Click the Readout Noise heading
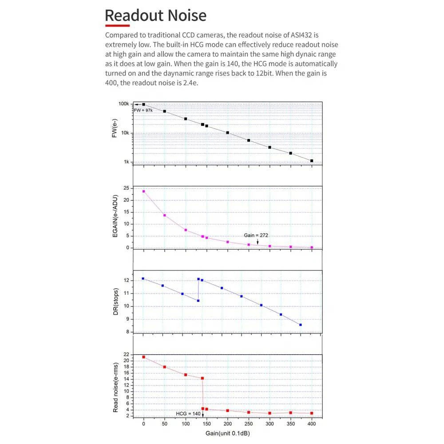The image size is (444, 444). click(x=155, y=16)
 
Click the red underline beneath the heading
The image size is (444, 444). click(x=117, y=25)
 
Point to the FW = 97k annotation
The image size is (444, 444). click(x=143, y=110)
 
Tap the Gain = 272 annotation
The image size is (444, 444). click(x=256, y=235)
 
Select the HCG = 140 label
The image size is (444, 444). click(x=188, y=414)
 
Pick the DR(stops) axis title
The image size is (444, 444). click(x=115, y=302)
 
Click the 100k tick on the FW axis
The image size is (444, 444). click(x=124, y=104)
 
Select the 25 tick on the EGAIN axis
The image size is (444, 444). click(x=126, y=188)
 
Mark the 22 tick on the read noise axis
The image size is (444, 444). click(x=126, y=354)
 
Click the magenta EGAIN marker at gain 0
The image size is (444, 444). click(x=143, y=191)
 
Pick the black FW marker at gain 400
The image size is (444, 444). click(x=312, y=161)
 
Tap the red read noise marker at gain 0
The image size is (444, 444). click(x=143, y=357)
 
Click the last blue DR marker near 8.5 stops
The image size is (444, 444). click(x=301, y=325)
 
